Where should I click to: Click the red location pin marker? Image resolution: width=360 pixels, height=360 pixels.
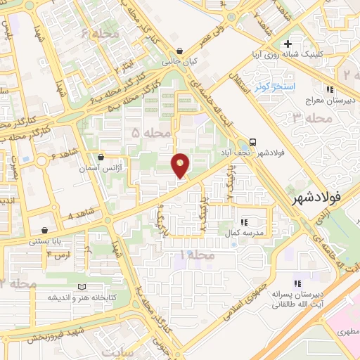point(181,165)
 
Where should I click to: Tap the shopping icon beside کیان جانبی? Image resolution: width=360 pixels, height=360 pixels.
point(181,51)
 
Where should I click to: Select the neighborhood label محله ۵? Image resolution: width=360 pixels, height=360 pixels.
point(150,133)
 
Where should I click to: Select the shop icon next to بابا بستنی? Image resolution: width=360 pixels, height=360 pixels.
point(46,230)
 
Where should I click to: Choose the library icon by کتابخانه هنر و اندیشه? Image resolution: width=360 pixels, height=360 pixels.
point(83,287)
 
